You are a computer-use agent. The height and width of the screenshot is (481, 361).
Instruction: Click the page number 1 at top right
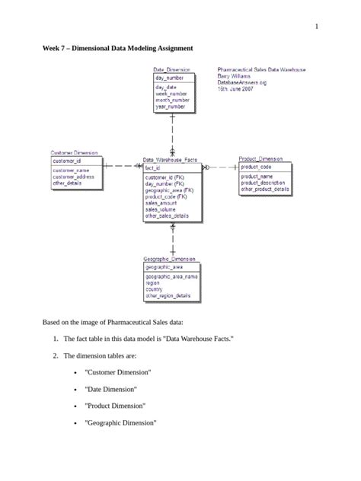click(315, 27)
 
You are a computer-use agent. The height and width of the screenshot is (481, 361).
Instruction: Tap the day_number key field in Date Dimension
click(170, 78)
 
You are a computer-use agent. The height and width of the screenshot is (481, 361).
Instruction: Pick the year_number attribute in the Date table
click(172, 107)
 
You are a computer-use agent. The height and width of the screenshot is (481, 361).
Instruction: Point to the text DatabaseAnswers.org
click(242, 82)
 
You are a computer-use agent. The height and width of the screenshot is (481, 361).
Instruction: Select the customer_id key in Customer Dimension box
click(66, 161)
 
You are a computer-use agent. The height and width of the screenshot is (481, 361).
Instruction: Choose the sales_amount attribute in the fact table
click(161, 203)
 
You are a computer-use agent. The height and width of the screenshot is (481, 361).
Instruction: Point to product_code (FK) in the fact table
click(166, 196)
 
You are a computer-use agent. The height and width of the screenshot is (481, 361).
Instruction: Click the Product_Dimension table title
click(260, 159)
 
